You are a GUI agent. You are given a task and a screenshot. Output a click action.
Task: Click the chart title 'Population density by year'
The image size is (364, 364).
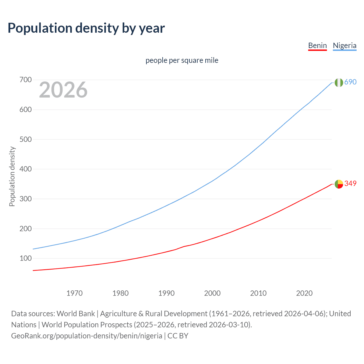(86, 28)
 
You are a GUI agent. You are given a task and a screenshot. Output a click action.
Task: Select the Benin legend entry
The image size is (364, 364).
(317, 45)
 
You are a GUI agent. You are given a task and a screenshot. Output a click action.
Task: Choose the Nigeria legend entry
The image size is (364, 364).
(344, 45)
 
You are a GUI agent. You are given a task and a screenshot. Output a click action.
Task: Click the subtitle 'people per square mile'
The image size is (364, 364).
(182, 60)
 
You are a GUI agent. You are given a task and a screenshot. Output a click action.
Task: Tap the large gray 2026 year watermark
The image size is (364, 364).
(63, 90)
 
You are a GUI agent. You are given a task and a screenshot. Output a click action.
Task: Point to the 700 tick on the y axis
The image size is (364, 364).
(25, 80)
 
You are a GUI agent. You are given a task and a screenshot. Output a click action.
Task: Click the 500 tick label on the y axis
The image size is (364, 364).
(25, 139)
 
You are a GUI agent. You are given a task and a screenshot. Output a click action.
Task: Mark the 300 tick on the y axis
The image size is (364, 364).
(25, 199)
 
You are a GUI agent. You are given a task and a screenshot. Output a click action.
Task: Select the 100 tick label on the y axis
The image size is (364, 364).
(25, 258)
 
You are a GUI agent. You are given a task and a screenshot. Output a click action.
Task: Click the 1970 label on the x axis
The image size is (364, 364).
(75, 293)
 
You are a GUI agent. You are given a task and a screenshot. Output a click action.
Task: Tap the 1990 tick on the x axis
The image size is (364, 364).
(166, 293)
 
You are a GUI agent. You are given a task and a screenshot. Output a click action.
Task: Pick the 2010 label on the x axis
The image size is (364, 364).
(258, 293)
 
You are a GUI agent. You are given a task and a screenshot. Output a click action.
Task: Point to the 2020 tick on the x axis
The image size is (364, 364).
(304, 293)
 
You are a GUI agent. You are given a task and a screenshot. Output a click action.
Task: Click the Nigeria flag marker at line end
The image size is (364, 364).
(339, 82)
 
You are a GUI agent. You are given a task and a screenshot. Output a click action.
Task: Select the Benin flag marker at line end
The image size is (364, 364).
(339, 184)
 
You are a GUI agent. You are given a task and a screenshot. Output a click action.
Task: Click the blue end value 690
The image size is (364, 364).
(350, 82)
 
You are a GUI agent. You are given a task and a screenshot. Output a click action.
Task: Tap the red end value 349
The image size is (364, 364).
(350, 184)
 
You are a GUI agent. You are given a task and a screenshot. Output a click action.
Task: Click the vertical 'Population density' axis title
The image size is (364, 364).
(12, 176)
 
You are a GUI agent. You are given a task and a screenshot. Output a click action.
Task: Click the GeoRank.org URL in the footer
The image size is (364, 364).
(86, 336)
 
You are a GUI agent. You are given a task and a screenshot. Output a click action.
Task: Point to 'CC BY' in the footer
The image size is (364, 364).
(178, 336)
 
